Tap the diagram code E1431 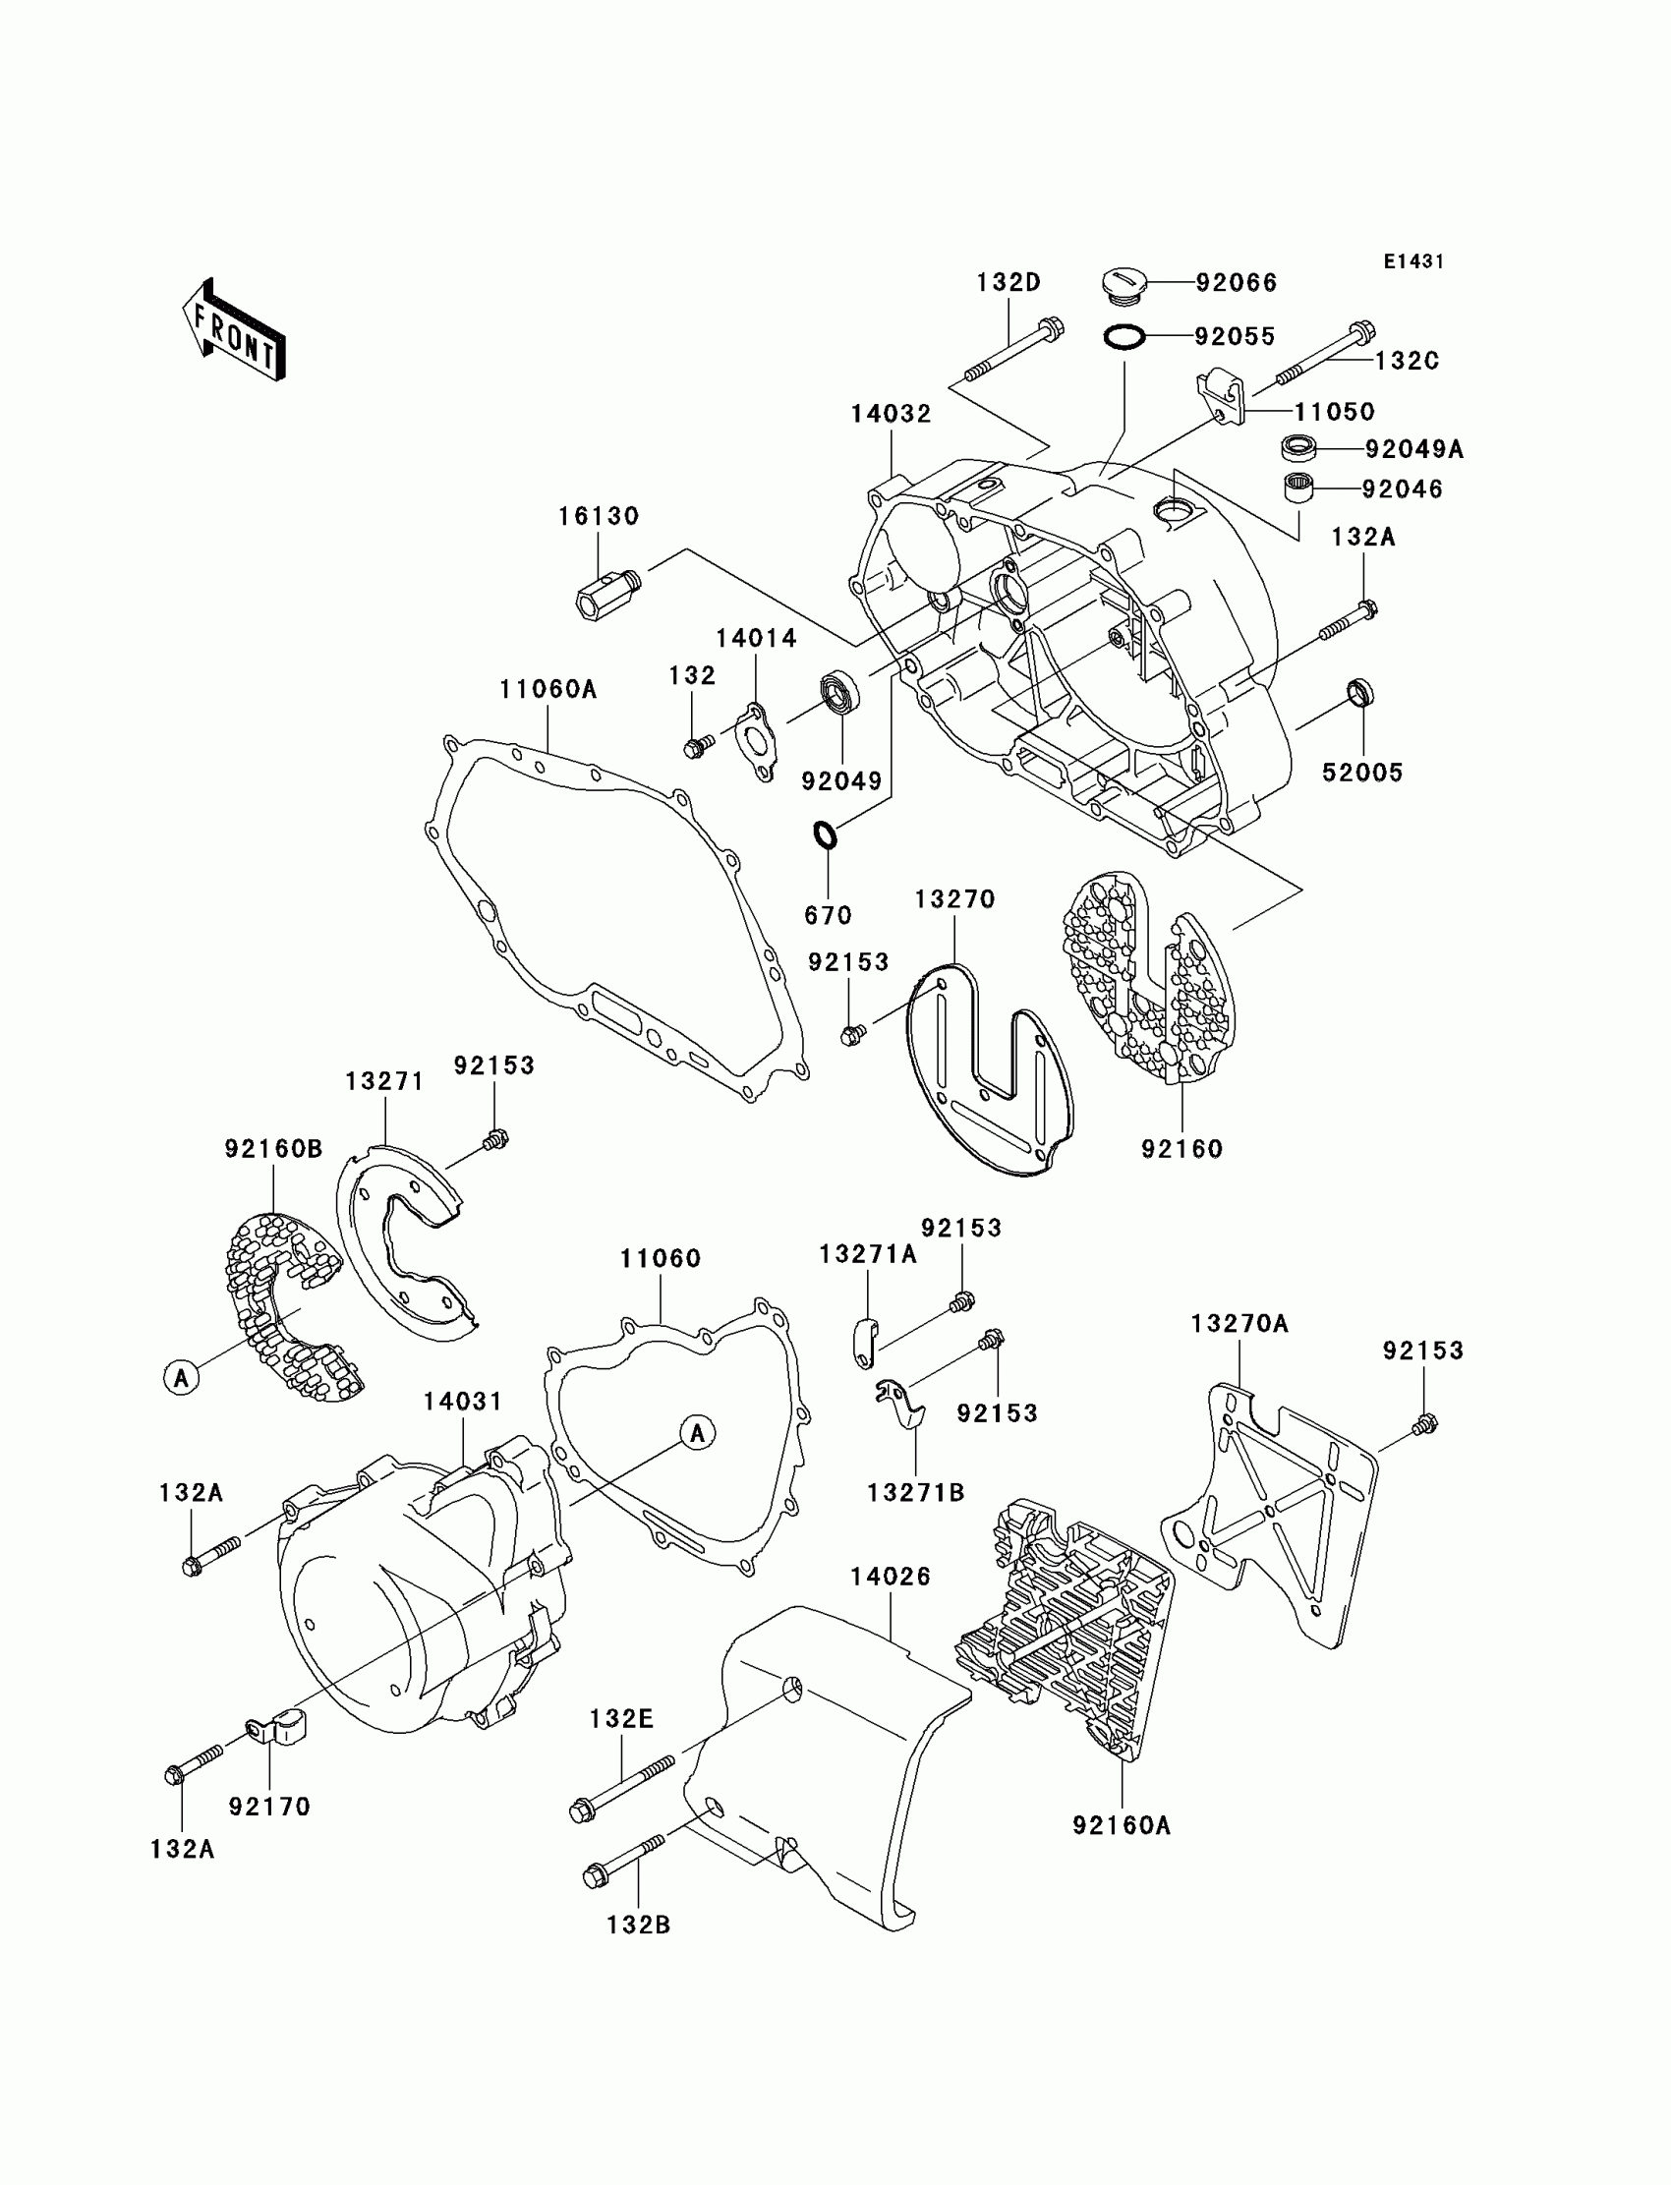coord(1413,261)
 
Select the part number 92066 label coord(1237,283)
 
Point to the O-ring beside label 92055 coord(1123,338)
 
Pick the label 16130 coord(598,516)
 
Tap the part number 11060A coord(548,689)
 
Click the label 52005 coord(1361,773)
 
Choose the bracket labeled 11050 coord(1222,394)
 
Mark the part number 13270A coord(1239,1324)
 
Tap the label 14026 coord(891,1577)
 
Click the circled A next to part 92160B coord(181,1378)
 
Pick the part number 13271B coord(916,1493)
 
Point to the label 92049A coord(1413,449)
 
